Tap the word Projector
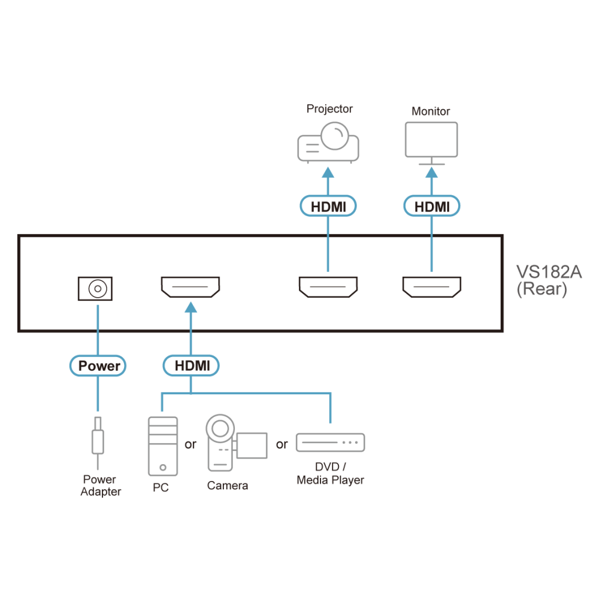pos(329,109)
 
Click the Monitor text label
pos(431,111)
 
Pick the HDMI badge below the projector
pos(328,206)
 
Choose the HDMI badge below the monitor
pos(432,206)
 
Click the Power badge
pos(98,365)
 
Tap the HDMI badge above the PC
pos(191,365)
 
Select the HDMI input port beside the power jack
pos(190,287)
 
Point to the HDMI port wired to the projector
pos(328,287)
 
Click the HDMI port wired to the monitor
pos(432,287)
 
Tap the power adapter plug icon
pos(98,443)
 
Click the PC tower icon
pos(163,446)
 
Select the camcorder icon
pos(236,443)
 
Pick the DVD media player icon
pos(331,443)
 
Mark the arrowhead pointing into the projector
pos(328,173)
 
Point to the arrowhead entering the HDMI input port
pos(191,307)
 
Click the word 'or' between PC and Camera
pos(190,444)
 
